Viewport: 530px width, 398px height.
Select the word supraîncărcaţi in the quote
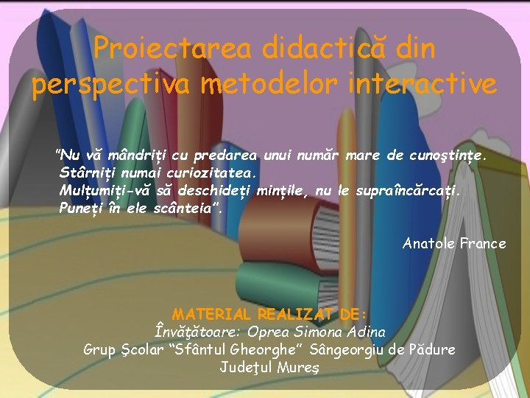tap(409, 191)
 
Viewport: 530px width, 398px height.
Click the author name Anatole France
tap(454, 243)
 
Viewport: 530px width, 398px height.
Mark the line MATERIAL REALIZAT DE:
tap(269, 314)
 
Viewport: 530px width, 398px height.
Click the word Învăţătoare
tap(199, 332)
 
